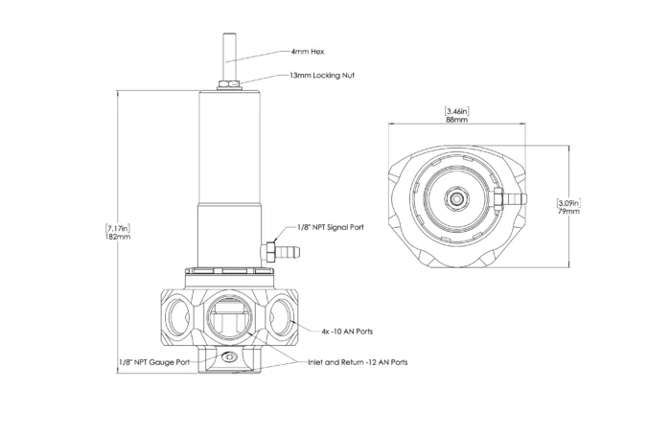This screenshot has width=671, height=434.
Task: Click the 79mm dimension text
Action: [567, 212]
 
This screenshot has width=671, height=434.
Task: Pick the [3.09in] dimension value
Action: [567, 202]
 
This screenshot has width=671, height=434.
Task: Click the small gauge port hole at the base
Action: [228, 357]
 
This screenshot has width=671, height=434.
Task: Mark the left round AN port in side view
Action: [177, 312]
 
